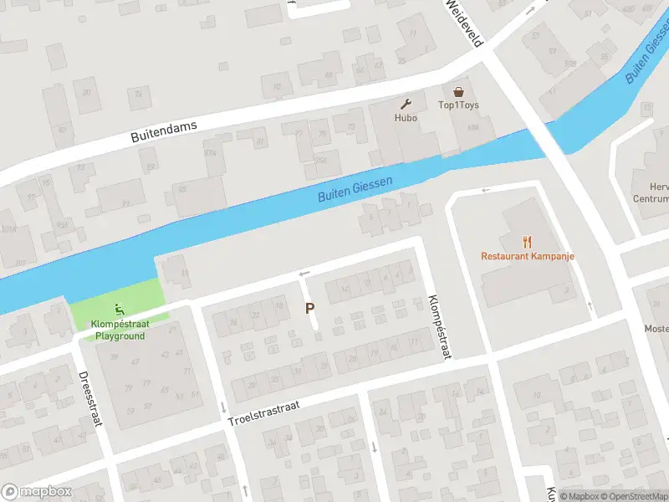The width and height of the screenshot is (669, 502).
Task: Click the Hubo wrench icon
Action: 406,105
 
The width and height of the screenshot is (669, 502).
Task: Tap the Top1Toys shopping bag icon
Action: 458,92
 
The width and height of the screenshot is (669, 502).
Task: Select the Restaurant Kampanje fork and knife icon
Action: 527,242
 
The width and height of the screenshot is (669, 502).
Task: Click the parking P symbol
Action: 310,308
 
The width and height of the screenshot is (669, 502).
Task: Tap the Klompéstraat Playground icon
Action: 119,308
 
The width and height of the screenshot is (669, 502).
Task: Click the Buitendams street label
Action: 164,132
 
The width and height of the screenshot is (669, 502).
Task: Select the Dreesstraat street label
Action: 89,399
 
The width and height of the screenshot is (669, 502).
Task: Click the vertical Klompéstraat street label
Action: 438,327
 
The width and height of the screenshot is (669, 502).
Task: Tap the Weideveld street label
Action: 463,22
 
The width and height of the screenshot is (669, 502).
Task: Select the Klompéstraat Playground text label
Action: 119,330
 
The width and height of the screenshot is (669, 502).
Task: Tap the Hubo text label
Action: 406,118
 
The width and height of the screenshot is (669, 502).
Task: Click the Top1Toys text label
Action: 458,105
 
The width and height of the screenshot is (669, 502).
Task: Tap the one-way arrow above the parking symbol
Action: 304,274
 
